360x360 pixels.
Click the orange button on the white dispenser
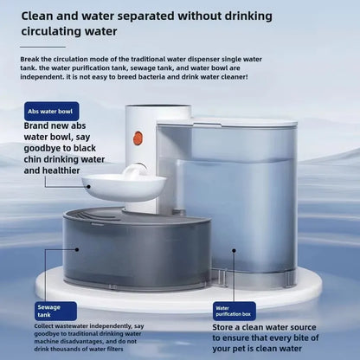coord(138,138)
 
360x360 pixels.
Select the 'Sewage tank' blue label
coord(48,311)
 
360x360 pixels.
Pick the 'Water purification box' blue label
coord(234,310)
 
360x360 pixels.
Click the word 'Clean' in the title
coord(42,16)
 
